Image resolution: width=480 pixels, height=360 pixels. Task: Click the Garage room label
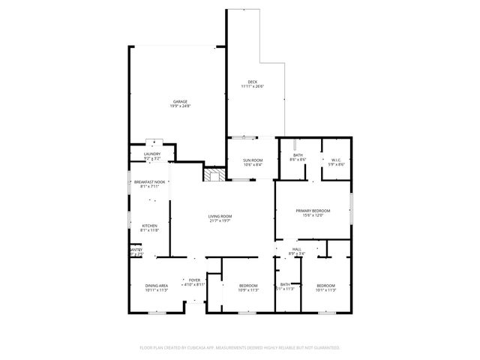(180, 101)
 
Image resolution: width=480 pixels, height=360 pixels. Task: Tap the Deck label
(253, 82)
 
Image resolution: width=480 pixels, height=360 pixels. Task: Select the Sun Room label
(253, 160)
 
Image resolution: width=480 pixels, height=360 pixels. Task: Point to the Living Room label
(220, 217)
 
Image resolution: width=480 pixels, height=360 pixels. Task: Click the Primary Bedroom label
(313, 211)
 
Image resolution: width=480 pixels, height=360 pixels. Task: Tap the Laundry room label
(152, 154)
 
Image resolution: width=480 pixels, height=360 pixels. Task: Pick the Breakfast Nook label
(147, 182)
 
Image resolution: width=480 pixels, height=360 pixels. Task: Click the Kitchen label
(149, 226)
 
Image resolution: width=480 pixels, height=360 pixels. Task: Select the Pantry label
(135, 250)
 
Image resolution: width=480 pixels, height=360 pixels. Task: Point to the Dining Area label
(156, 286)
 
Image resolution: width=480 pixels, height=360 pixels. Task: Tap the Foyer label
(195, 280)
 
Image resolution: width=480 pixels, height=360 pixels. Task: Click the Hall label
(298, 249)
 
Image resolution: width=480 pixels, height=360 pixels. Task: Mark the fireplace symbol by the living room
(214, 175)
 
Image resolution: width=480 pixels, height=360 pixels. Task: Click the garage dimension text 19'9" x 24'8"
(180, 106)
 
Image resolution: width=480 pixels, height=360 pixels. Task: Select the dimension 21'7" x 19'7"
(220, 222)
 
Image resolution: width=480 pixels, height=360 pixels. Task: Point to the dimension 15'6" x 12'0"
(313, 216)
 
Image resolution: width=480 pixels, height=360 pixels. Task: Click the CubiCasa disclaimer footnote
(240, 348)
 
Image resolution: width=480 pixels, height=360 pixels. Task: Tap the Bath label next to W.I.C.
(298, 155)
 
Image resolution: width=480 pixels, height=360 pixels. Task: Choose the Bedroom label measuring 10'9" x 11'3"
(248, 286)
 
